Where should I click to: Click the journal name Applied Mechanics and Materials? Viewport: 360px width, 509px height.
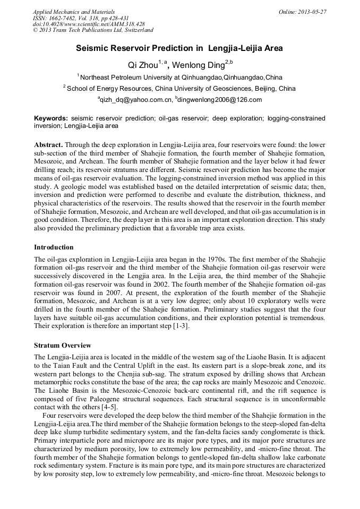pos(73,12)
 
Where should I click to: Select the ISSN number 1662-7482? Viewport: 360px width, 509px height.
pos(65,18)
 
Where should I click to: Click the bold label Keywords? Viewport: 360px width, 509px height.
pos(51,118)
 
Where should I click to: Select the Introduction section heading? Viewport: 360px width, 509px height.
pos(54,247)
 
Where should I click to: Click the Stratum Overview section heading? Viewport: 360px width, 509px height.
pos(63,346)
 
